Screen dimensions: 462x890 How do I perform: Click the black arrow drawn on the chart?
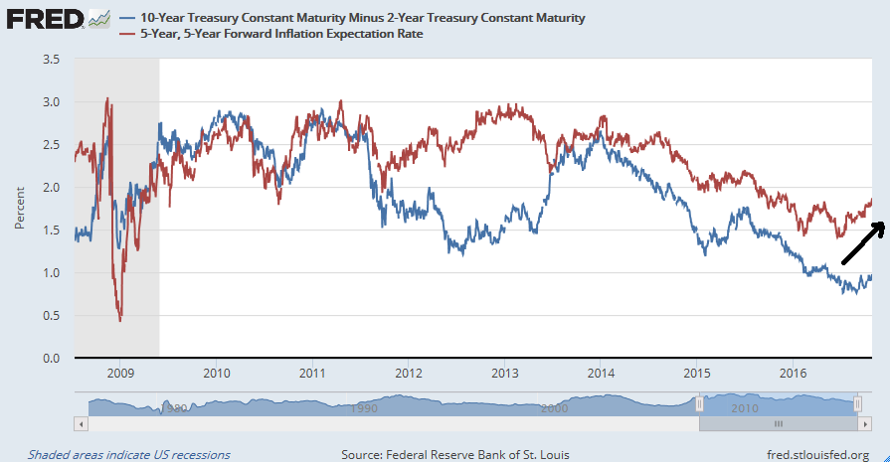pos(863,242)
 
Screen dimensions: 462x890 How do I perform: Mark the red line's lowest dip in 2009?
pos(120,319)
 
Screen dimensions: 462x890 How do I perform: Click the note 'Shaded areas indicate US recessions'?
pos(129,454)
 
